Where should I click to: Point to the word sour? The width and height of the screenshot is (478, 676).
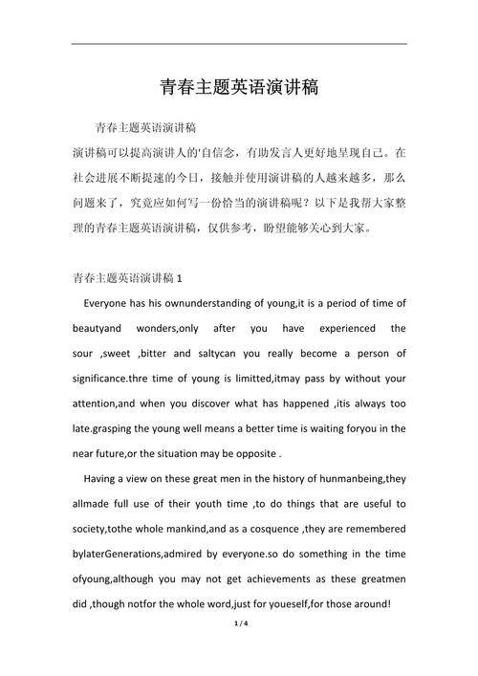(x=85, y=353)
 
